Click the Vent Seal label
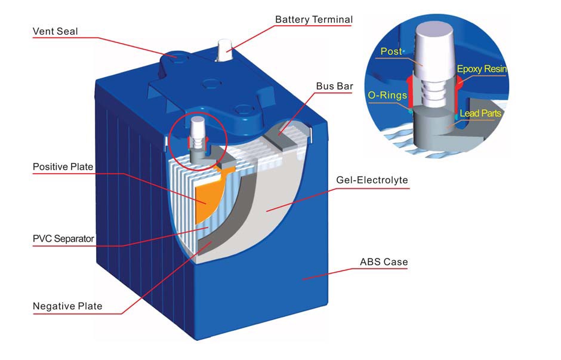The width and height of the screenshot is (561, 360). click(x=55, y=32)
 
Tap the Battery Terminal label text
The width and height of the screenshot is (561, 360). click(x=313, y=20)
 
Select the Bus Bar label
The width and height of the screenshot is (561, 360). click(x=334, y=86)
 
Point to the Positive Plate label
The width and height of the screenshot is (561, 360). click(x=63, y=167)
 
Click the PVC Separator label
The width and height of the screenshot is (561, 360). click(x=63, y=239)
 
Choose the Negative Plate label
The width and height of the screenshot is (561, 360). click(x=67, y=306)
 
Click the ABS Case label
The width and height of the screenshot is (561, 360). click(x=384, y=261)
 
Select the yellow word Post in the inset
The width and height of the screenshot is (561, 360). click(x=392, y=52)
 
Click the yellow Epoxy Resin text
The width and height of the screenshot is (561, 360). click(x=482, y=69)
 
